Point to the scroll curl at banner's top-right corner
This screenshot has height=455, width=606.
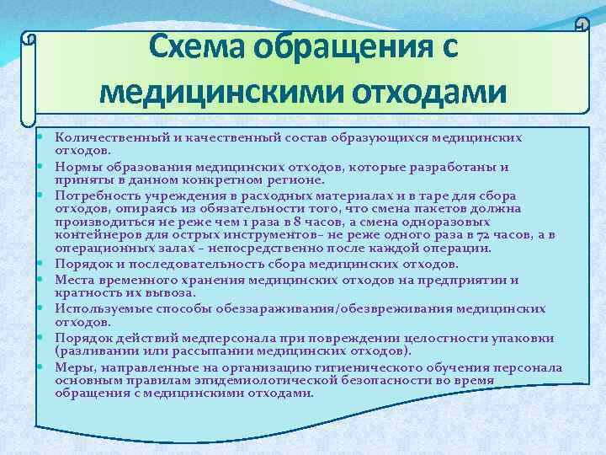coord(581,24)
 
